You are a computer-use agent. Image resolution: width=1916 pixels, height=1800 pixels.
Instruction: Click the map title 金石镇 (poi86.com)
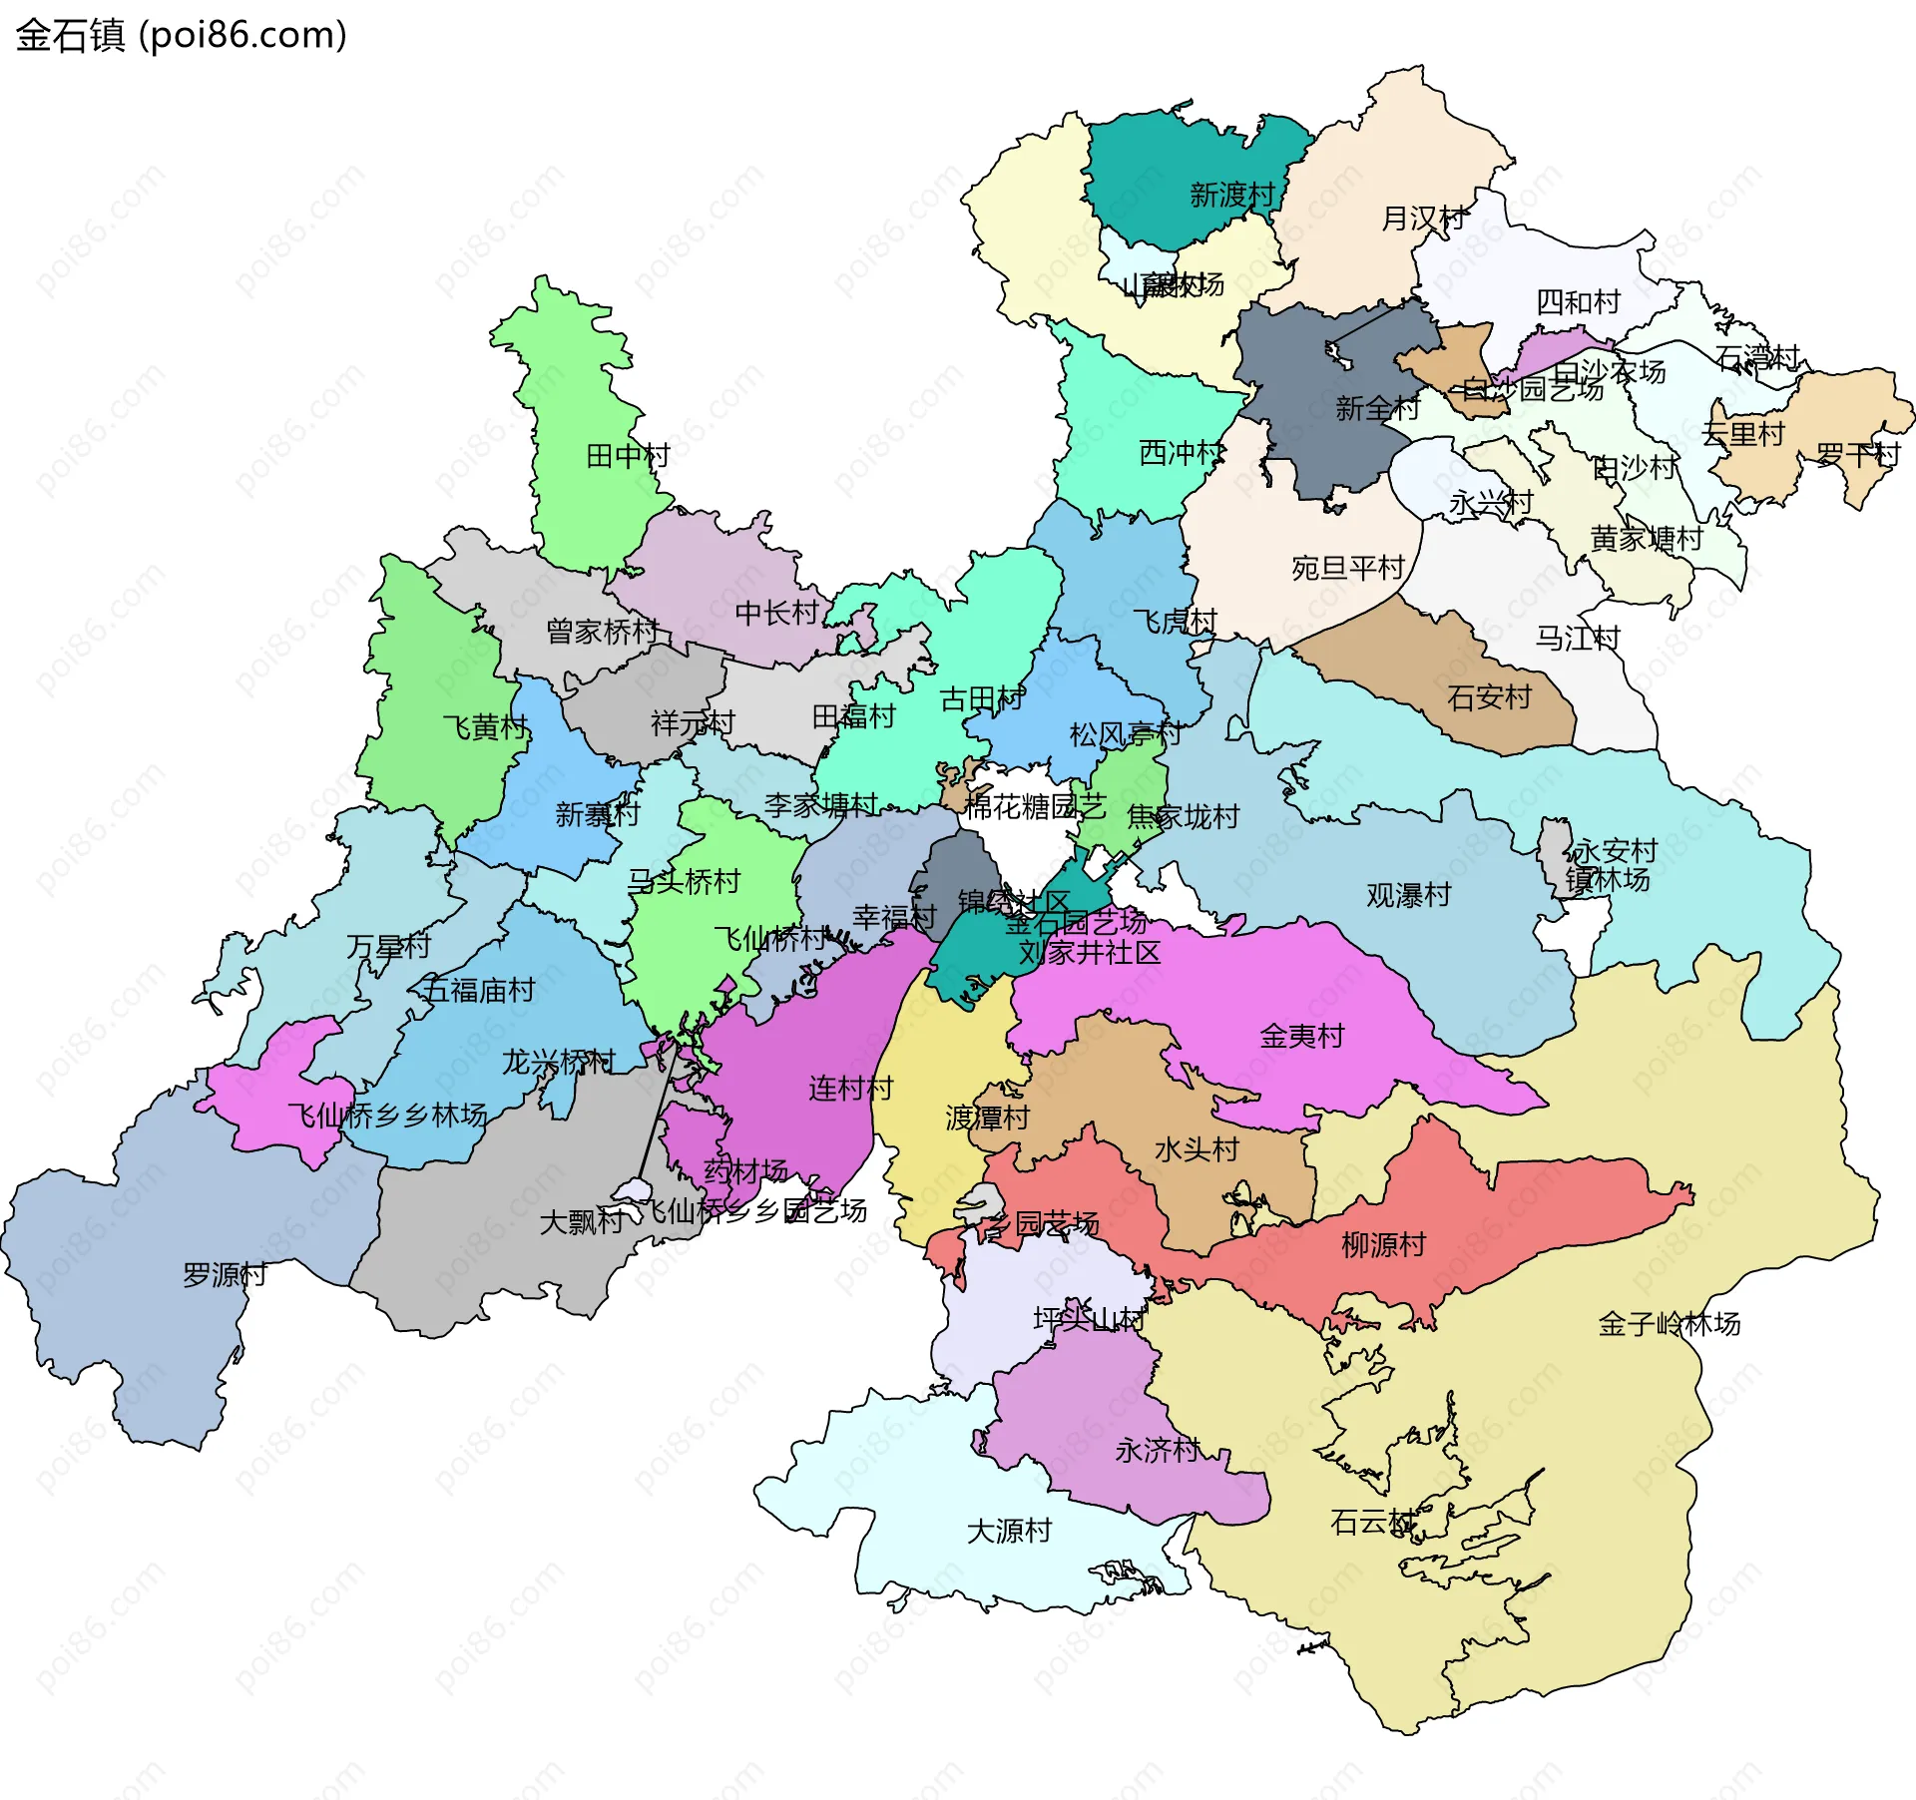[x=181, y=35]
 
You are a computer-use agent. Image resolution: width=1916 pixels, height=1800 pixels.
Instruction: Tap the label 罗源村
[x=225, y=1275]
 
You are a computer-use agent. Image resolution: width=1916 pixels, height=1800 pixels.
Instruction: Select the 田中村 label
[x=628, y=456]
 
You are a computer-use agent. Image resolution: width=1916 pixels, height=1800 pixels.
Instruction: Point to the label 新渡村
[x=1232, y=195]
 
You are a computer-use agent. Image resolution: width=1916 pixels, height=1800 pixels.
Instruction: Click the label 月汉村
[x=1423, y=218]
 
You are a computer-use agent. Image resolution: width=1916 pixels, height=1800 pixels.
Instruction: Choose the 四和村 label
[x=1578, y=301]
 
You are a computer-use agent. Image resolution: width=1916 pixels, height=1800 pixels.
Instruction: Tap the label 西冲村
[x=1181, y=453]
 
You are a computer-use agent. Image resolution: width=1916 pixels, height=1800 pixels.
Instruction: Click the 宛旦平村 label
[x=1348, y=568]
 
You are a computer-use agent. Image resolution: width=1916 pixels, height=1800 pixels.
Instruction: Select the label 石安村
[x=1489, y=697]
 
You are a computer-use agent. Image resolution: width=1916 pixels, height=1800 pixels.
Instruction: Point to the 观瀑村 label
[x=1408, y=895]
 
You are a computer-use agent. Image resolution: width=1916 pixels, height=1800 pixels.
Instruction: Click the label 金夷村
[x=1301, y=1036]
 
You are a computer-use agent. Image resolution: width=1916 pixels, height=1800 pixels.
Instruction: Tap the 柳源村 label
[x=1383, y=1244]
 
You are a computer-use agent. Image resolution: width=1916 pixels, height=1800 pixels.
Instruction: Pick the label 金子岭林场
[x=1669, y=1324]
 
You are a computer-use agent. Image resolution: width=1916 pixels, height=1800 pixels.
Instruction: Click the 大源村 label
[x=1009, y=1530]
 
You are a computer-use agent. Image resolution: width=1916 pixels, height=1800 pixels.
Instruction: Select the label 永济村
[x=1158, y=1450]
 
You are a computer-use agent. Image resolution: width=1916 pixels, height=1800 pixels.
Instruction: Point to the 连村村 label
[x=850, y=1088]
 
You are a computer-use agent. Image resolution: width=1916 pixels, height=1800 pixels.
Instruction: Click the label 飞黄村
[x=485, y=727]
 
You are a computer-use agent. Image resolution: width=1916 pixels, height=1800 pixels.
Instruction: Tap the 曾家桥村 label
[x=602, y=631]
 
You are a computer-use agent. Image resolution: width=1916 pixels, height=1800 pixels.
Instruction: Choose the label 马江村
[x=1577, y=638]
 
